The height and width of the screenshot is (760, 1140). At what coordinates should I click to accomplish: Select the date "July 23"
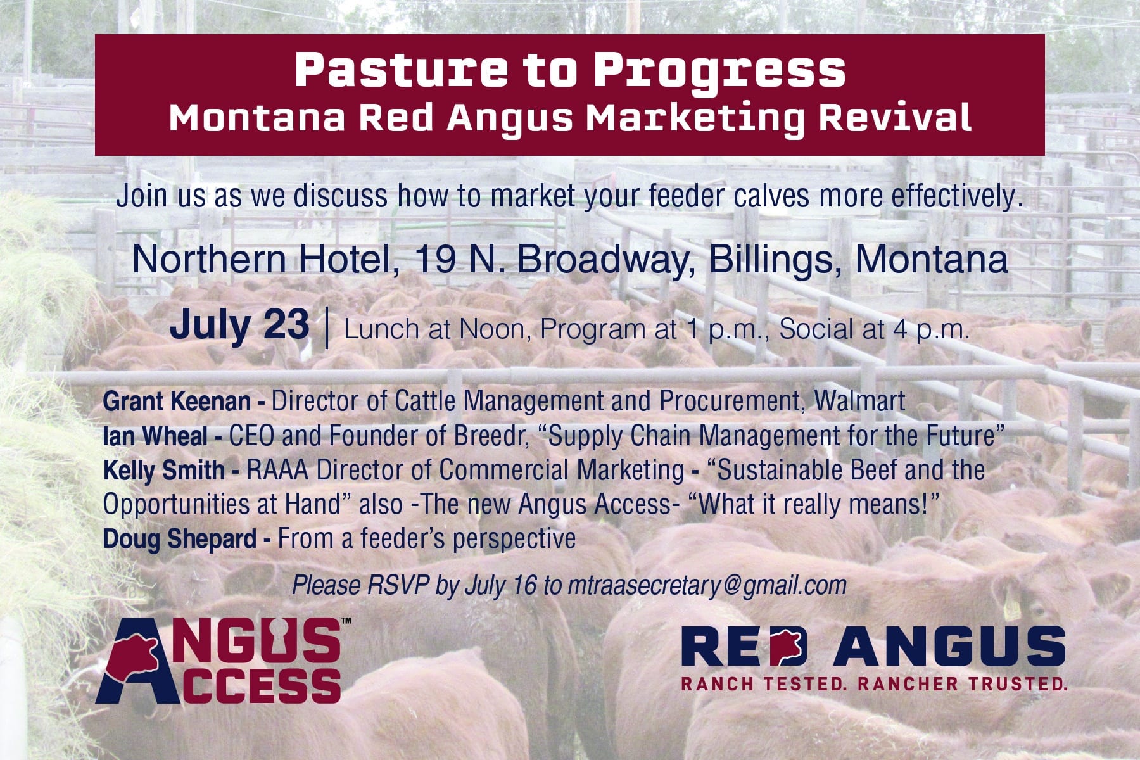[x=239, y=325]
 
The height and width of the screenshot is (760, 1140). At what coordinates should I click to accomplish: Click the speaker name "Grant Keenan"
[x=177, y=402]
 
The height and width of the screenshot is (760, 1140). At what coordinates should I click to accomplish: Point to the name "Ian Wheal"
[x=155, y=436]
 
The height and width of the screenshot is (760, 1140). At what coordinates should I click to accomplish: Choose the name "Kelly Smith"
[x=163, y=470]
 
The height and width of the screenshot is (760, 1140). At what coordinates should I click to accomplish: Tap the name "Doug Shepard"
[x=179, y=539]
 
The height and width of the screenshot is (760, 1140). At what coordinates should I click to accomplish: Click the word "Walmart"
[x=859, y=401]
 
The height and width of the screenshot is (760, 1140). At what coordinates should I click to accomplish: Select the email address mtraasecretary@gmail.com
[x=707, y=585]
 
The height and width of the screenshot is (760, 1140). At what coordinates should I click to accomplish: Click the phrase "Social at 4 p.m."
[x=874, y=329]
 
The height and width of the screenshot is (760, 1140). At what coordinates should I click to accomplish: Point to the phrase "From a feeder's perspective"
[x=427, y=539]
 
